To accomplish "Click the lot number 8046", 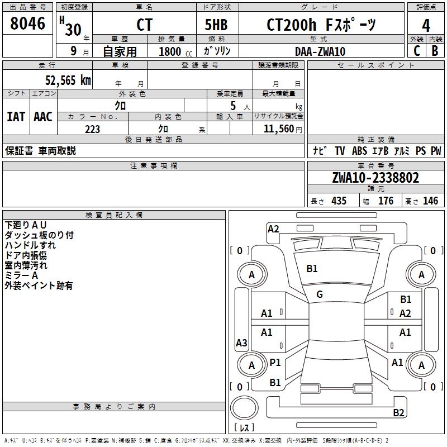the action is [28, 24].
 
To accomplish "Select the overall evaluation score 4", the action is [426, 25].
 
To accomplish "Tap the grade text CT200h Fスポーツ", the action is [321, 25].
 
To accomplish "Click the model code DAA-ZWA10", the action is [320, 51].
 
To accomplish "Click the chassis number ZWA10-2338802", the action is [375, 178].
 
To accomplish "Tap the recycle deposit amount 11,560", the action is [278, 129].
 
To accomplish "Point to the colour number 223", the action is [92, 129].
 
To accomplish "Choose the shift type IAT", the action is [16, 116].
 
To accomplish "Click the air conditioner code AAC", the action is [43, 116].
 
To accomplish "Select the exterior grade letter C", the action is [417, 51].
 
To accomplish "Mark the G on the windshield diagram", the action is [319, 294].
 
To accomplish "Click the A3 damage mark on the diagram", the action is [241, 343].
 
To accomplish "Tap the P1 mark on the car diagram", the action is [275, 363].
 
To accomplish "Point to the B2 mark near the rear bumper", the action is [398, 413].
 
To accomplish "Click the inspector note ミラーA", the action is [21, 275].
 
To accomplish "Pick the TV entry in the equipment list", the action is [340, 151].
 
